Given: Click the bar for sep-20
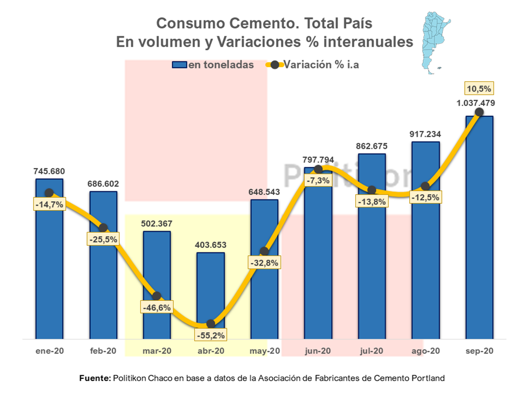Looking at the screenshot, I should (479, 231).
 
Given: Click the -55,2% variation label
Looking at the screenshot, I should (211, 334).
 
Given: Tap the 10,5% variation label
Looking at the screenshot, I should (479, 88).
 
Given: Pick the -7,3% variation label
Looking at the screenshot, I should (318, 180).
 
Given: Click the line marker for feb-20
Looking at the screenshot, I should (103, 227).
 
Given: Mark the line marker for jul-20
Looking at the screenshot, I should (372, 190).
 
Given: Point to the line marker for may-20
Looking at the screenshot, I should (264, 252).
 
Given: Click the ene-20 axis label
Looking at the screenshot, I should (49, 351).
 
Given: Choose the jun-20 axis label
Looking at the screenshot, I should (318, 351).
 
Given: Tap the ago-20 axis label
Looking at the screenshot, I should (425, 351).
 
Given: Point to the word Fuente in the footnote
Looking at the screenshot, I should (94, 377).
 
